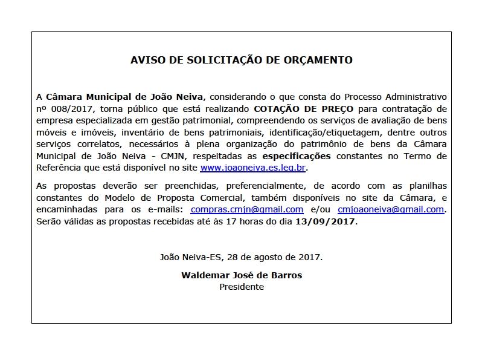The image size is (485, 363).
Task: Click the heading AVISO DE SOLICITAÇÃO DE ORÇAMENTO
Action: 242,60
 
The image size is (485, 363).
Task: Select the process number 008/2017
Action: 73,109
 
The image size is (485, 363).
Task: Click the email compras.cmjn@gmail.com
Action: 246,209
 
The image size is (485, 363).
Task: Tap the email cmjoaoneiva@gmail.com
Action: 391,209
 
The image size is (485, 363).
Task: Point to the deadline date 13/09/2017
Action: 326,221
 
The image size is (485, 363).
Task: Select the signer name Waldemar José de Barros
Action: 242,275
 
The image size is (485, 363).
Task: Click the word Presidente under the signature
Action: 242,287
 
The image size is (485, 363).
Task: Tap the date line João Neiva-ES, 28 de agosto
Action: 242,257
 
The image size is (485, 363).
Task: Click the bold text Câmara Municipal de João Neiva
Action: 126,97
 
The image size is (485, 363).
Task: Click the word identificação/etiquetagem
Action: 323,132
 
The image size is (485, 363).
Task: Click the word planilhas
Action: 426,186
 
